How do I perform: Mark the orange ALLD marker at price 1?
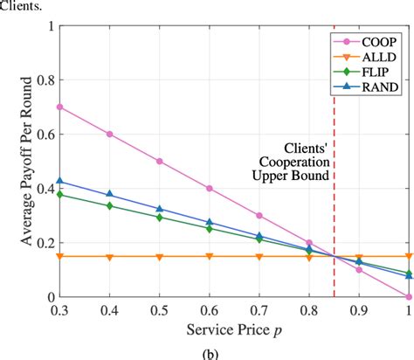[x=410, y=256]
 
